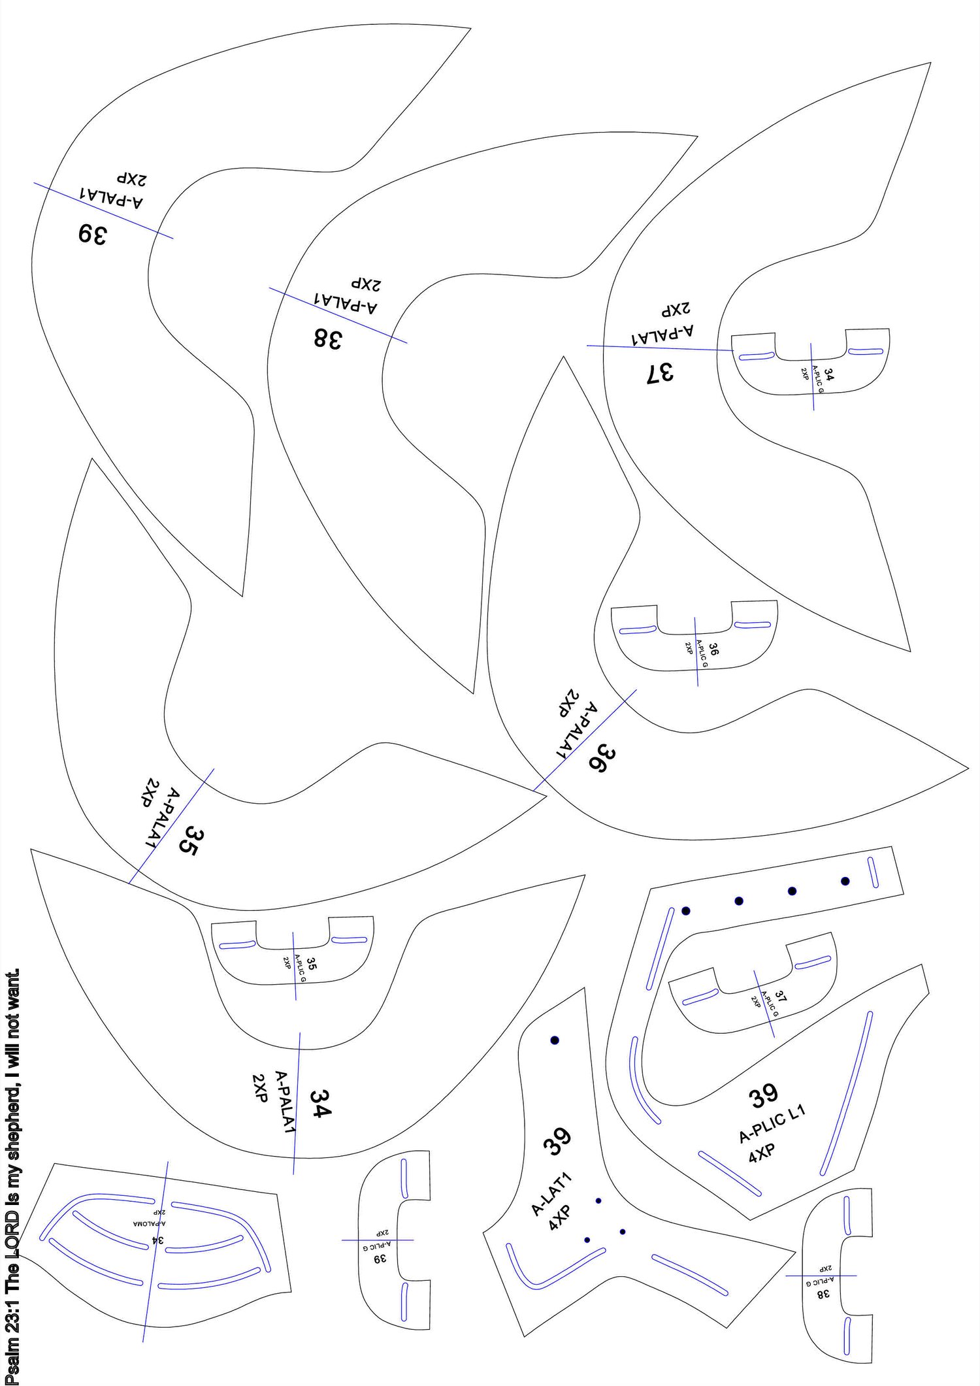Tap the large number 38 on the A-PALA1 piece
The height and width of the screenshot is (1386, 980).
pyautogui.click(x=328, y=338)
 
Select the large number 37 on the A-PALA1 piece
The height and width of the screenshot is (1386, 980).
pyautogui.click(x=660, y=373)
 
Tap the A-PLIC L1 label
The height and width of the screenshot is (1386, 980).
pyautogui.click(x=772, y=1123)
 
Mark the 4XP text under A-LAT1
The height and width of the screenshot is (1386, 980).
pyautogui.click(x=560, y=1217)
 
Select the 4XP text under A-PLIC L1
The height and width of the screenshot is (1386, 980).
pyautogui.click(x=761, y=1153)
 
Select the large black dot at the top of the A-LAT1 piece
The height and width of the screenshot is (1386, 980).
pyautogui.click(x=555, y=1040)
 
